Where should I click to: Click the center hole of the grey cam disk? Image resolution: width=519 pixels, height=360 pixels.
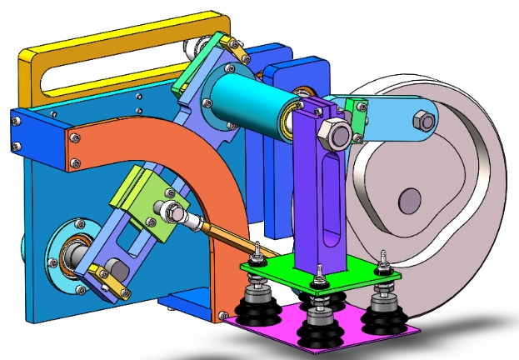pos(409,200)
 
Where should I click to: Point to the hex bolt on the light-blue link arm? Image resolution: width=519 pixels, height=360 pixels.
pos(424,122)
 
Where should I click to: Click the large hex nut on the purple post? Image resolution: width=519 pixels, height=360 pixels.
pos(334,135)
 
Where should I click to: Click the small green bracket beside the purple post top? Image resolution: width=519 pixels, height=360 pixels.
pos(357,117)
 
